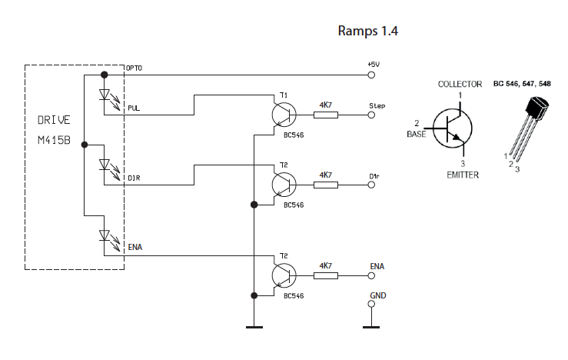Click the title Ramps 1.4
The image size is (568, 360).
point(368,32)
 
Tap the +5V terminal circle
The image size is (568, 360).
point(372,75)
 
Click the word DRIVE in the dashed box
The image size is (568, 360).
point(54,121)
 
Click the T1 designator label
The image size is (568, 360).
point(284,95)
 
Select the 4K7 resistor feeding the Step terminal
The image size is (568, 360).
point(326,115)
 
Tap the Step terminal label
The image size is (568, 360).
point(377,105)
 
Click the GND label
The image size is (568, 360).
point(377,295)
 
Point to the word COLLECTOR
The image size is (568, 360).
point(460,84)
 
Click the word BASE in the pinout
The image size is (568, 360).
point(417,134)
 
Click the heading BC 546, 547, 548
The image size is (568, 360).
point(522,84)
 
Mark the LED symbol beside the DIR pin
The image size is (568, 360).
point(105,165)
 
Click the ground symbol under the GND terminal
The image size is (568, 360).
point(372,327)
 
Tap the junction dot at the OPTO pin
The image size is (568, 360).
point(105,75)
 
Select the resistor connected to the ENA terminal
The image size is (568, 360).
point(326,275)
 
